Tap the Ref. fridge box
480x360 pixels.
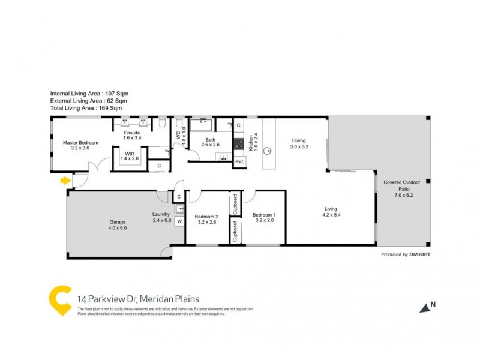point(239,161)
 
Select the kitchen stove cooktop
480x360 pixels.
point(239,143)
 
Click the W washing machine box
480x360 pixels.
point(179,221)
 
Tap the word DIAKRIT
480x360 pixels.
point(422,254)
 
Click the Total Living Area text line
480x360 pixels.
point(86,108)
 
